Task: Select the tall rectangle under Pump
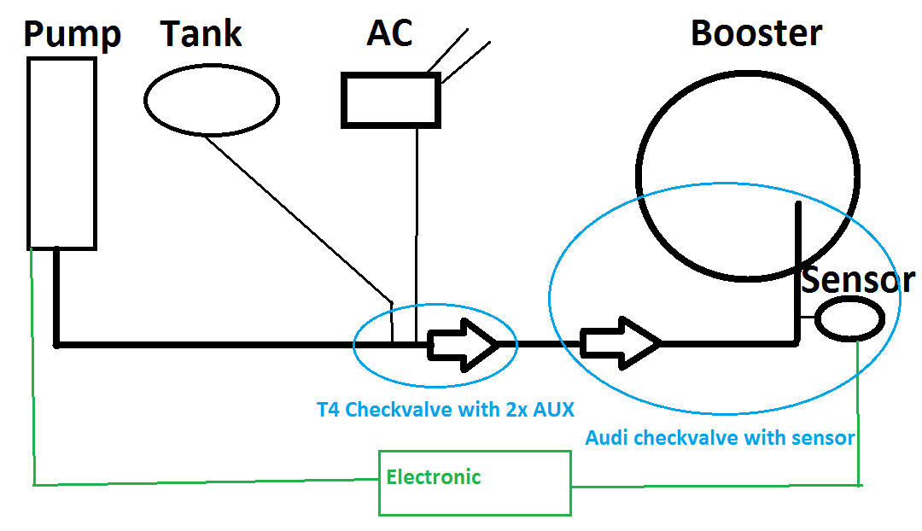[x=61, y=154]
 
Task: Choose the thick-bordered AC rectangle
[x=391, y=100]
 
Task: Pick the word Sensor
[x=858, y=279]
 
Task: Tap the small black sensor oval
[x=850, y=320]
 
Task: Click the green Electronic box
[x=475, y=483]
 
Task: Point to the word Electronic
[x=434, y=476]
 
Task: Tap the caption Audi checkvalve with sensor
[x=720, y=438]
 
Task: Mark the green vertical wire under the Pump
[x=32, y=367]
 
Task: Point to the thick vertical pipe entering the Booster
[x=798, y=265]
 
